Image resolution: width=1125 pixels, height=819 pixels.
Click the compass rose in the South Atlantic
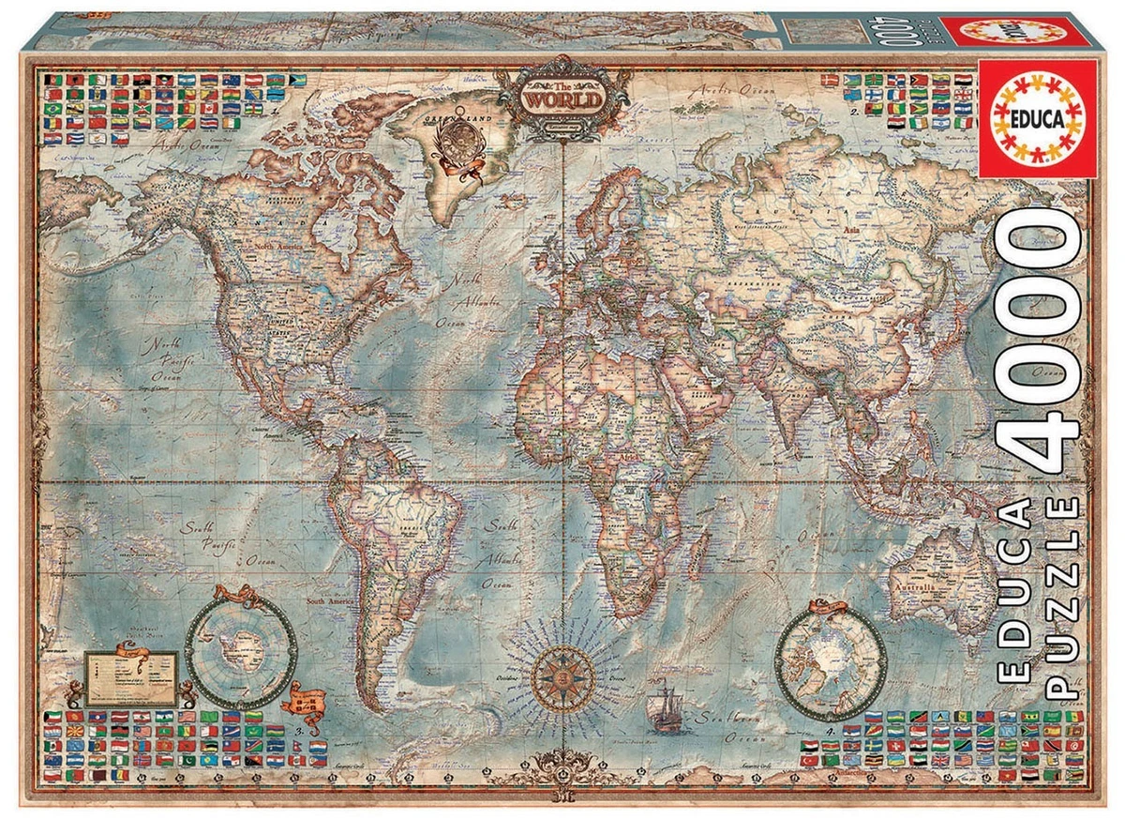point(562,672)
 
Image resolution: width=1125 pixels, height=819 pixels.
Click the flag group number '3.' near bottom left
point(300,727)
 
